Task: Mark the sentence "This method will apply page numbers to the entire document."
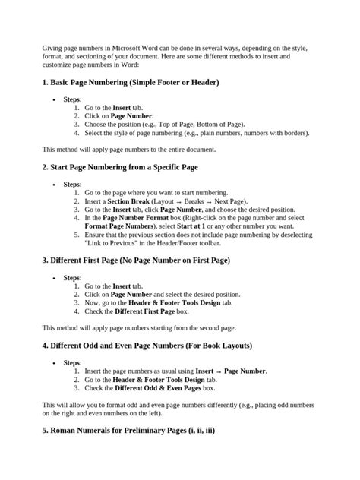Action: (129, 149)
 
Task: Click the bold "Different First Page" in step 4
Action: (146, 311)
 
